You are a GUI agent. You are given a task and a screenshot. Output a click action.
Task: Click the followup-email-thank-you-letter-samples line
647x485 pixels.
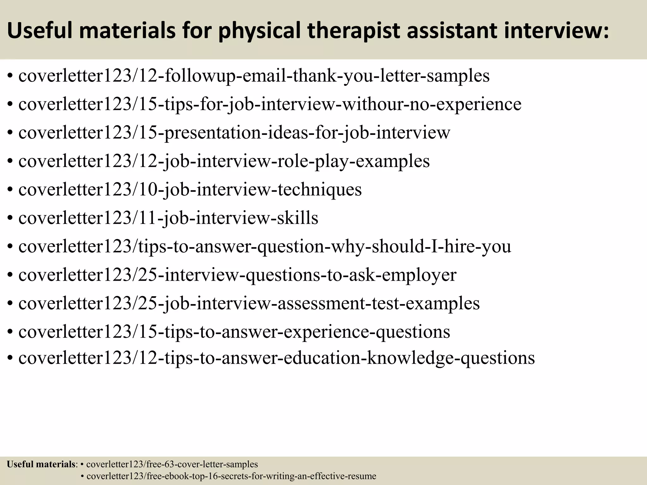[254, 76]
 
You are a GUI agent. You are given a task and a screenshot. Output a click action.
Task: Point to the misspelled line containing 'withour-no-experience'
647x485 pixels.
[270, 104]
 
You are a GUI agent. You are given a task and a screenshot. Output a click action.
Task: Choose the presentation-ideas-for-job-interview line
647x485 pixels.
[234, 133]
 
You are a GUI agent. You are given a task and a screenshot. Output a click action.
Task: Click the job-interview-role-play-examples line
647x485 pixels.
[224, 161]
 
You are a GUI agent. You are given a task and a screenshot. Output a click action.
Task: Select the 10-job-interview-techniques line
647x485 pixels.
[190, 189]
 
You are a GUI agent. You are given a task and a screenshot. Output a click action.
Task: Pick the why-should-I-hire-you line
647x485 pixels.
[265, 246]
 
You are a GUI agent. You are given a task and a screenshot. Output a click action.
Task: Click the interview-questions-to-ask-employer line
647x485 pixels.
[237, 275]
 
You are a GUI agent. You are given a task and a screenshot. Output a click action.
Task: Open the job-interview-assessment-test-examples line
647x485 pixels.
[249, 303]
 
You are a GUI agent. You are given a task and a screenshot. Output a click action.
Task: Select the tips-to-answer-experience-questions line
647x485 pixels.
[234, 332]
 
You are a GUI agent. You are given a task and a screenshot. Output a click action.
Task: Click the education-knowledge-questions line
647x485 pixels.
[276, 358]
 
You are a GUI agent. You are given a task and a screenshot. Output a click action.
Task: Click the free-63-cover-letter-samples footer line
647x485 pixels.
[172, 464]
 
